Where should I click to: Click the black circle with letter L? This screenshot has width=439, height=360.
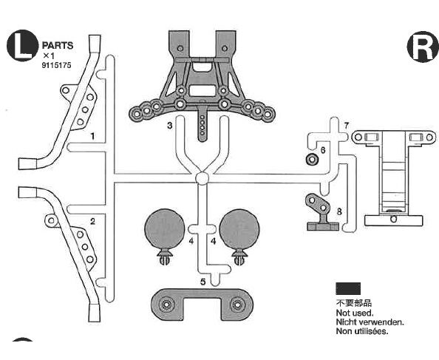coord(22,45)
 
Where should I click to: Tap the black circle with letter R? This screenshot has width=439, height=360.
coord(423,47)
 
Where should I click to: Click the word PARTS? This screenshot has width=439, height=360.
coord(58,45)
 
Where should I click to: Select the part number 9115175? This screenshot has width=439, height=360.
coord(57,65)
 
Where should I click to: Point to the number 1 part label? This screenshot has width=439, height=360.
coord(92,136)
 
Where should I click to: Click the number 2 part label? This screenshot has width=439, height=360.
coord(92,222)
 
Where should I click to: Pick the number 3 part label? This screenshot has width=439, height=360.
coord(170,126)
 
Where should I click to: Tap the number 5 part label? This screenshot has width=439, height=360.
coord(203,282)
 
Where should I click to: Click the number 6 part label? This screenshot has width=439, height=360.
coord(323,150)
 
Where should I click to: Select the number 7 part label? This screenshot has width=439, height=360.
coord(347,126)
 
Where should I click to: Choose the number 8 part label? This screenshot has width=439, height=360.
coord(339,211)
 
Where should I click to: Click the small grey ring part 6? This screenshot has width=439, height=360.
coord(312,159)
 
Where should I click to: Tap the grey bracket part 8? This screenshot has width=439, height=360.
coord(321,212)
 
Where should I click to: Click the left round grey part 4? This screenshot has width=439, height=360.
coord(164,229)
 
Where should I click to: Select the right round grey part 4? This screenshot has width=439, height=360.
coord(239,229)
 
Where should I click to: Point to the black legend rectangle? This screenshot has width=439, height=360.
coord(348,288)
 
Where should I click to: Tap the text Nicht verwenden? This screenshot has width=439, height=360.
coord(370,322)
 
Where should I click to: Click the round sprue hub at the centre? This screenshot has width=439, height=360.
coord(202,178)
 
